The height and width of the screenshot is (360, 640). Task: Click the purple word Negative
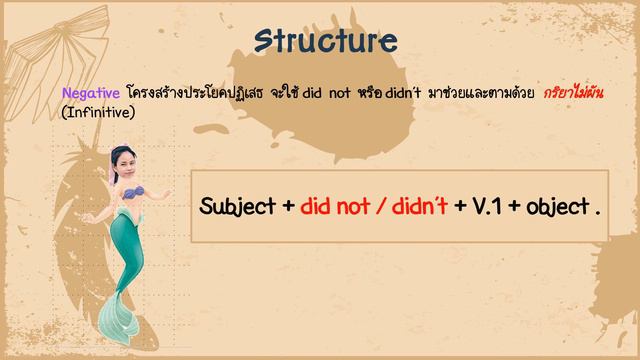pyautogui.click(x=91, y=92)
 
